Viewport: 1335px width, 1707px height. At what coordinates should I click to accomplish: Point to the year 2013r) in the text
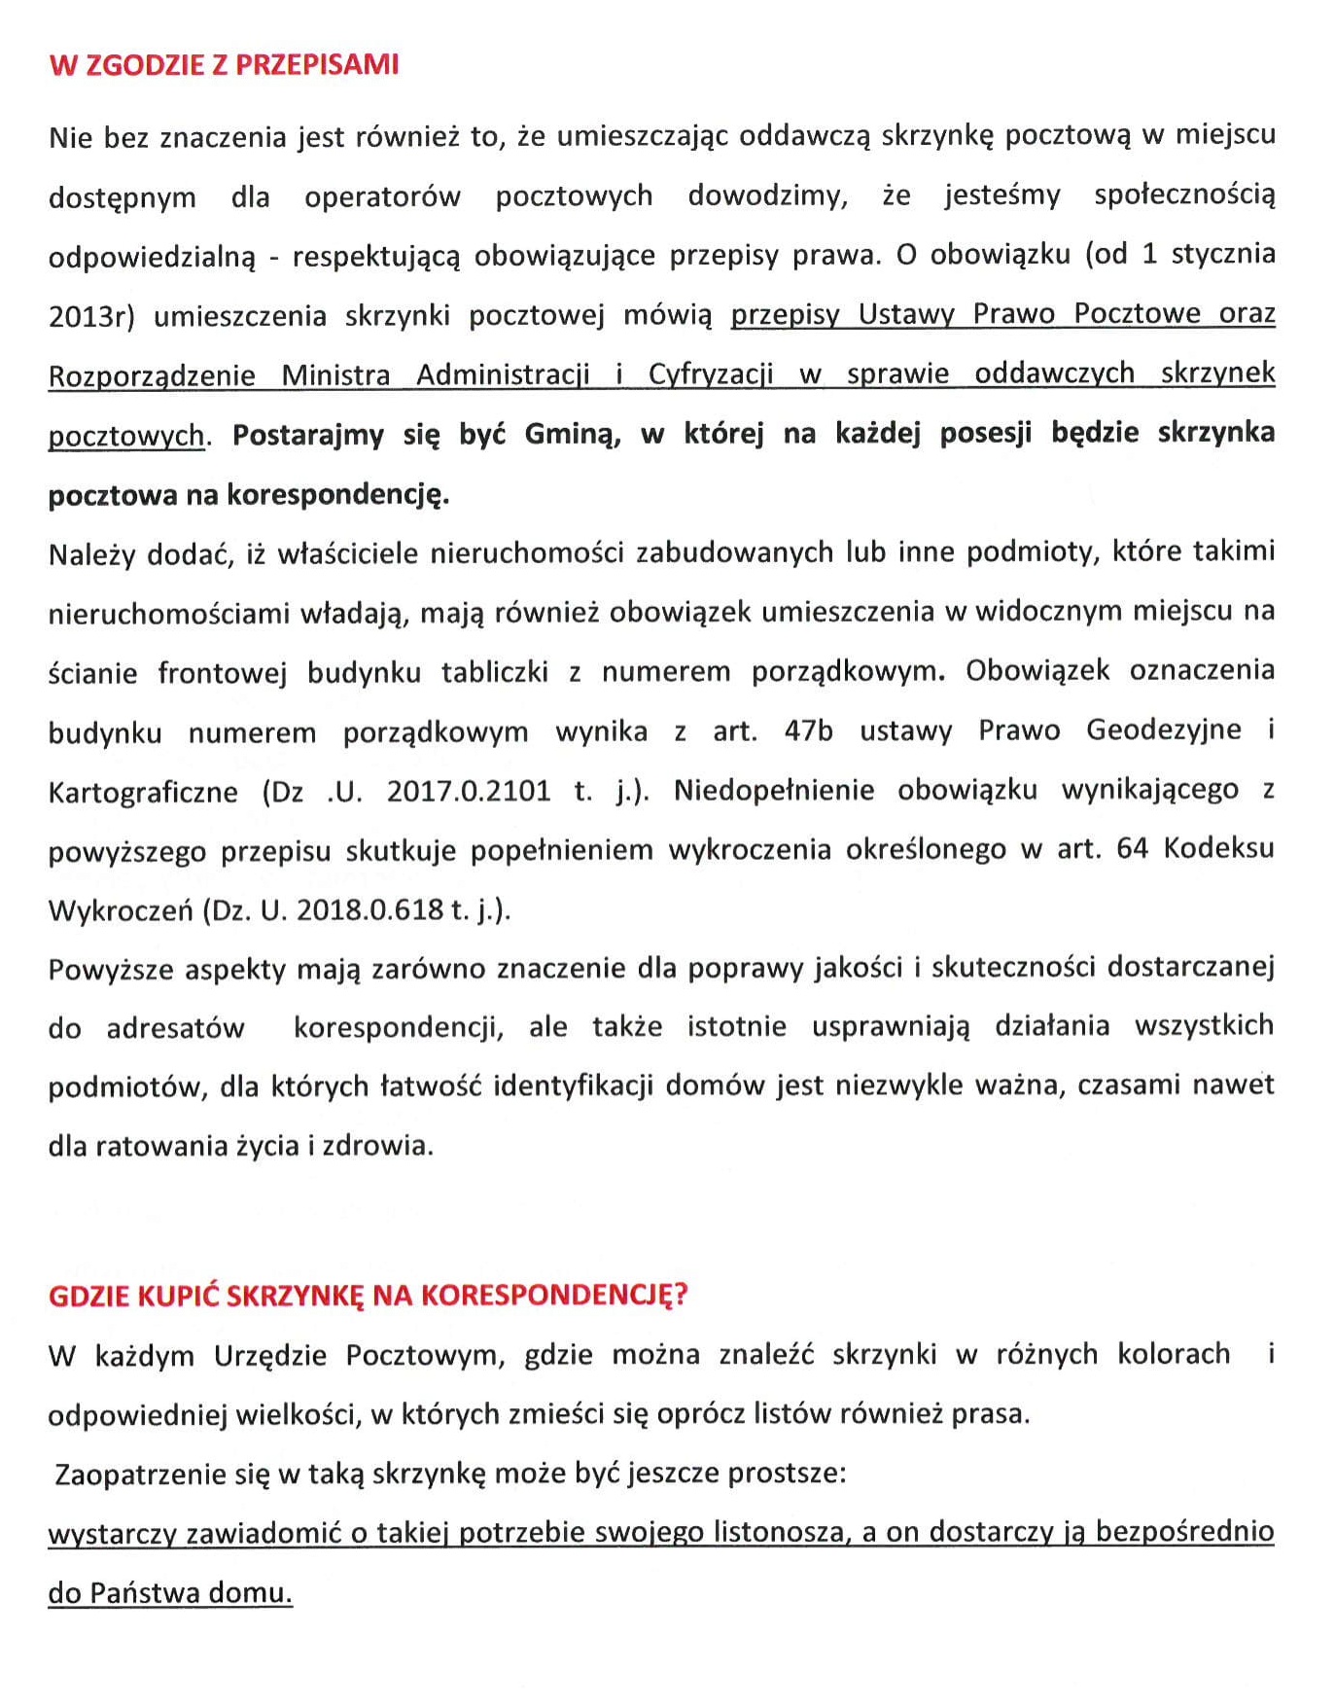click(91, 316)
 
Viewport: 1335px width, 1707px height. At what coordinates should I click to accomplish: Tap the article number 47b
click(808, 730)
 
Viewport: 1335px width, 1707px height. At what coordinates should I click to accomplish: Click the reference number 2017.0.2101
click(468, 791)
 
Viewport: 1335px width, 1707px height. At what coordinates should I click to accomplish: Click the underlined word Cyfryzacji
click(711, 374)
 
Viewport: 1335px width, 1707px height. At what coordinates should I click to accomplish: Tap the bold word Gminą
click(573, 434)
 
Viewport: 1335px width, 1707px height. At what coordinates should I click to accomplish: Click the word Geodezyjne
click(1163, 730)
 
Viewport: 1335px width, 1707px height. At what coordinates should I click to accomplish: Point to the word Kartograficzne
click(143, 792)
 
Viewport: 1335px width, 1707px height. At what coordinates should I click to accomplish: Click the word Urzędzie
click(269, 1356)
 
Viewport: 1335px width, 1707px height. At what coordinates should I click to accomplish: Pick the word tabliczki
click(494, 672)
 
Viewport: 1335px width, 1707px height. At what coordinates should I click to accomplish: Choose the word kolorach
click(1173, 1354)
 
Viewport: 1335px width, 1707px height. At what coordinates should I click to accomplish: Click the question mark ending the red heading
click(681, 1295)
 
